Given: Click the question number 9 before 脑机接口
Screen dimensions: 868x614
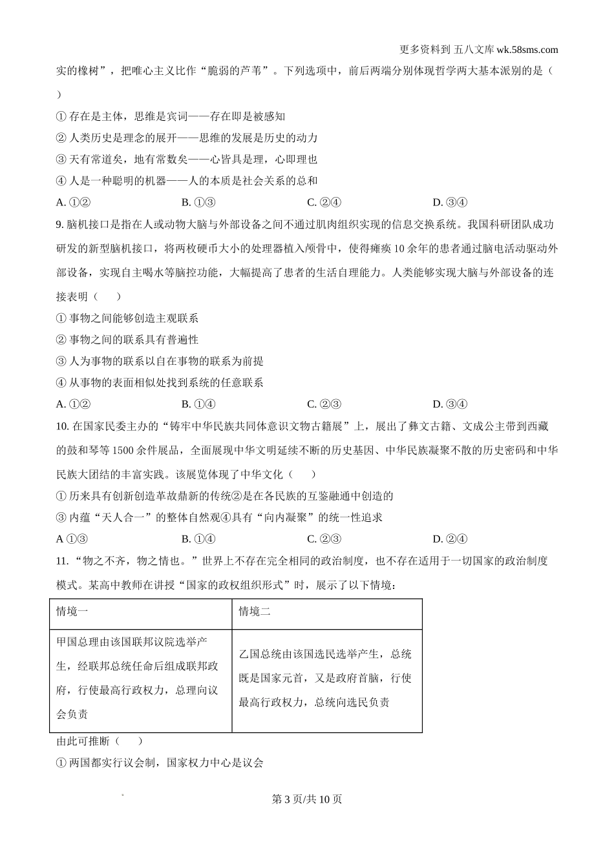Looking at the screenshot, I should pos(59,225).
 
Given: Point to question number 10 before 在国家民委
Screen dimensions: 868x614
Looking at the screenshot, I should pos(62,426).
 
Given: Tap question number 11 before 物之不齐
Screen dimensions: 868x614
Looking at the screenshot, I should pos(62,561).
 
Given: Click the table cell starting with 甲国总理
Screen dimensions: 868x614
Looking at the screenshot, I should pos(140,677).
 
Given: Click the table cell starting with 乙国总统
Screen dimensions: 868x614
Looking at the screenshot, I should pos(326,678).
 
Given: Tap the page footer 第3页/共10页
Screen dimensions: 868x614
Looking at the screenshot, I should pos(307,799).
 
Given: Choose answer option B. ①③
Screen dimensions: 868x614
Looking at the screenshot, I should pos(198,203).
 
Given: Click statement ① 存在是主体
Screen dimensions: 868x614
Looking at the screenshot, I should pos(171,116).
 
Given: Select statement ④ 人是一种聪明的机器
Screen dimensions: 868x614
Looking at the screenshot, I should pos(187,181).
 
